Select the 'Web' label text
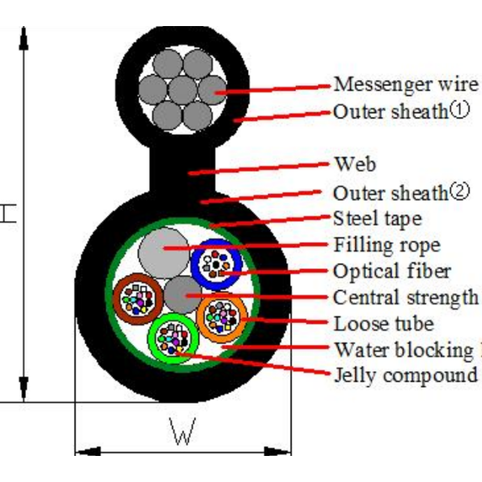point(354,163)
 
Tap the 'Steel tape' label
point(377,219)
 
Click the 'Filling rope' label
point(386,246)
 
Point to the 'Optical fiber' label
point(392,271)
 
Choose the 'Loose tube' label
point(384,323)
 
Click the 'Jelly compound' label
point(405,374)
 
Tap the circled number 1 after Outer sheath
point(459,109)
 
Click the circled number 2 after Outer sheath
point(459,192)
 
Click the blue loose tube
point(217,265)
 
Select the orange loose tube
point(222,316)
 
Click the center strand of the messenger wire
point(183,89)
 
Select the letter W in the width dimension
point(182,434)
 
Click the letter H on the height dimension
point(8,215)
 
